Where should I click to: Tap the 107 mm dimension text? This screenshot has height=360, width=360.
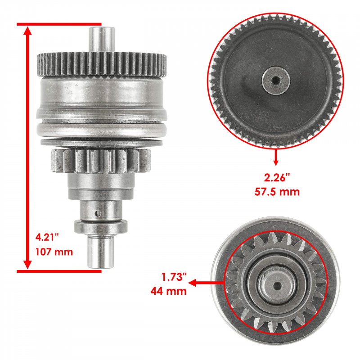tap(54, 252)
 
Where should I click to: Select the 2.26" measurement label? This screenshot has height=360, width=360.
tap(277, 178)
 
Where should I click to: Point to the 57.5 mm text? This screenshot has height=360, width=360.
tap(277, 192)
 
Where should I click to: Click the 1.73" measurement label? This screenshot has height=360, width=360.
tap(174, 277)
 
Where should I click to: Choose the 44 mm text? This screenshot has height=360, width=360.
tap(168, 291)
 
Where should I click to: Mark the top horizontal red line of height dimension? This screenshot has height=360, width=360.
tap(59, 24)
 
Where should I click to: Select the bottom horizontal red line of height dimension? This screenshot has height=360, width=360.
tap(59, 271)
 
